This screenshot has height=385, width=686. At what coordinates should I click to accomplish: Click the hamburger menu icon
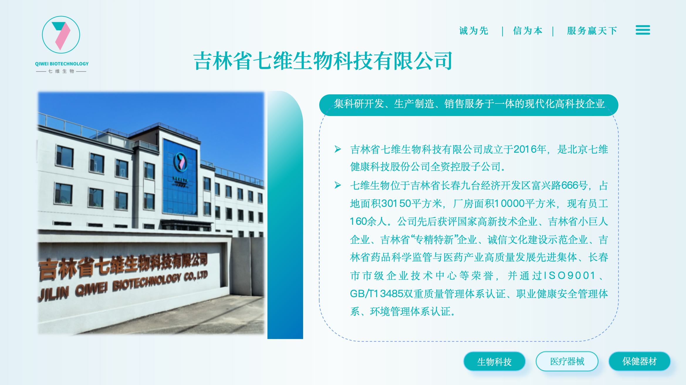643,30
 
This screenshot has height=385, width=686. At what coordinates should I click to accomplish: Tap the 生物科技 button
494,362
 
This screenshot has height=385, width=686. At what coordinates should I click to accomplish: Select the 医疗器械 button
567,361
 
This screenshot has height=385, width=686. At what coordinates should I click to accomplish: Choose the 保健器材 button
640,361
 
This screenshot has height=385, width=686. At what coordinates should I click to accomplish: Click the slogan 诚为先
474,31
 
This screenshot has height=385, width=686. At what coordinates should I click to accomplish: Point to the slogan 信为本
528,31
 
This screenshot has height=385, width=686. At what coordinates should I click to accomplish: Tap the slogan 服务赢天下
592,31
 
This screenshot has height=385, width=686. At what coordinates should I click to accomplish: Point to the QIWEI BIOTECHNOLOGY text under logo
62,64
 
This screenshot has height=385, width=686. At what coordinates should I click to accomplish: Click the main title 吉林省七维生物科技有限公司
323,61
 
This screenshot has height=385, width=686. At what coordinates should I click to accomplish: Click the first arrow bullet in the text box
338,149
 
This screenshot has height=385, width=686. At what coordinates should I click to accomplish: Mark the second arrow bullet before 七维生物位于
338,185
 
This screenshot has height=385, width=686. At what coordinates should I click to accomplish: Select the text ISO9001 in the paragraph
570,276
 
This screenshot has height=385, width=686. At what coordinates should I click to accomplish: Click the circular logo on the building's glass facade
180,162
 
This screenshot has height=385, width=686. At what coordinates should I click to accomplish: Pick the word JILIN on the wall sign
54,294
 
